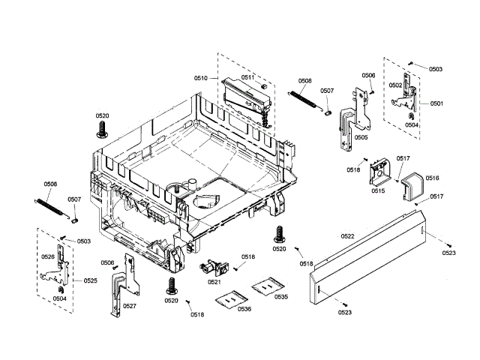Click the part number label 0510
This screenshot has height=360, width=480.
pyautogui.click(x=200, y=78)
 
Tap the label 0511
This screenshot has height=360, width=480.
pyautogui.click(x=247, y=78)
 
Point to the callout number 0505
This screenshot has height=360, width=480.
pyautogui.click(x=361, y=137)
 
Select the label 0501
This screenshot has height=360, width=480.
pyautogui.click(x=436, y=103)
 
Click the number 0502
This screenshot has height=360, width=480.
pyautogui.click(x=395, y=85)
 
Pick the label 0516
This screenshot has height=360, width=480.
pyautogui.click(x=433, y=178)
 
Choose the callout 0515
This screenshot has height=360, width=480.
pyautogui.click(x=377, y=191)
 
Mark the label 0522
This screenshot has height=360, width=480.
pyautogui.click(x=347, y=236)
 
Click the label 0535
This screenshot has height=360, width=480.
pyautogui.click(x=281, y=297)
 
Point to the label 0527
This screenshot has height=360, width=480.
pyautogui.click(x=129, y=306)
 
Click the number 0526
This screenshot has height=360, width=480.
pyautogui.click(x=47, y=256)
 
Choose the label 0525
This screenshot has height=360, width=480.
pyautogui.click(x=90, y=280)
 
